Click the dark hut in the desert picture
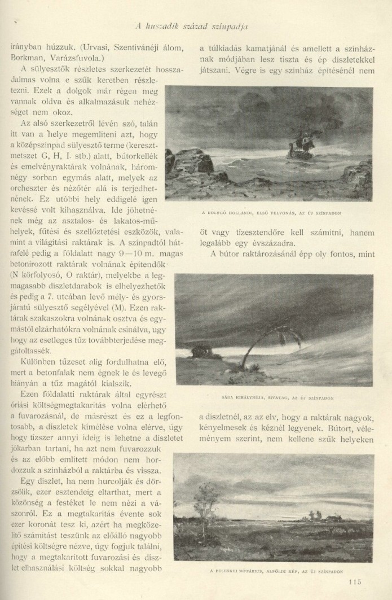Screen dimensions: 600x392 202,351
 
